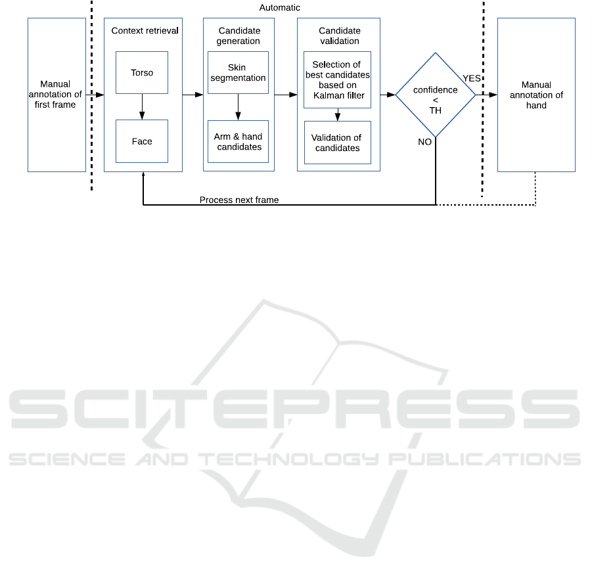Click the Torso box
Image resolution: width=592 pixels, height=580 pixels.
pyautogui.click(x=141, y=72)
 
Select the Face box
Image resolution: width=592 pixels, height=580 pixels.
pyautogui.click(x=141, y=141)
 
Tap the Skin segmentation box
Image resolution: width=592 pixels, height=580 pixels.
pyautogui.click(x=238, y=72)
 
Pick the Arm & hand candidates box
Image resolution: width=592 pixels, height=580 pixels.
pyautogui.click(x=238, y=141)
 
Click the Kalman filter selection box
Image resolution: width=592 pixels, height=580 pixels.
pyautogui.click(x=337, y=79)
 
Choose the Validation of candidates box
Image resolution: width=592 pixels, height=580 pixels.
pyautogui.click(x=338, y=143)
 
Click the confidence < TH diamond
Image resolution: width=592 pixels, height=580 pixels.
pyautogui.click(x=436, y=95)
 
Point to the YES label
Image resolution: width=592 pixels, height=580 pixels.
pyautogui.click(x=472, y=78)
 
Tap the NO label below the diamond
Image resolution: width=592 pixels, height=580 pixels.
pyautogui.click(x=424, y=142)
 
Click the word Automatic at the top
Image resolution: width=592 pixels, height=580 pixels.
pyautogui.click(x=279, y=7)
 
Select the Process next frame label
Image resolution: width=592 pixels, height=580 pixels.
pyautogui.click(x=239, y=200)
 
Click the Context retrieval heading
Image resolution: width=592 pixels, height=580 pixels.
pyautogui.click(x=145, y=31)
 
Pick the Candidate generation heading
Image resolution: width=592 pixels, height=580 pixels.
pyautogui.click(x=239, y=36)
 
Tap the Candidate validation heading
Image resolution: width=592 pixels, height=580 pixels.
pyautogui.click(x=340, y=36)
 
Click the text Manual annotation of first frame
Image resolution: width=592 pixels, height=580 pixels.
pyautogui.click(x=55, y=95)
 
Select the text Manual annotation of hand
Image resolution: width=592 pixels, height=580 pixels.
pyautogui.click(x=536, y=95)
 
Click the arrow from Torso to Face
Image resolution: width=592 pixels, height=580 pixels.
pyautogui.click(x=142, y=107)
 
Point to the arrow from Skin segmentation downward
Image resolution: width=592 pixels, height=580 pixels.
pyautogui.click(x=239, y=107)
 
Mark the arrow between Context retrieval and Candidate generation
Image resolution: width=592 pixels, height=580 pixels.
pyautogui.click(x=193, y=95)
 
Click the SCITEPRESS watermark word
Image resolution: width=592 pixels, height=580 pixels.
pyautogui.click(x=294, y=409)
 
